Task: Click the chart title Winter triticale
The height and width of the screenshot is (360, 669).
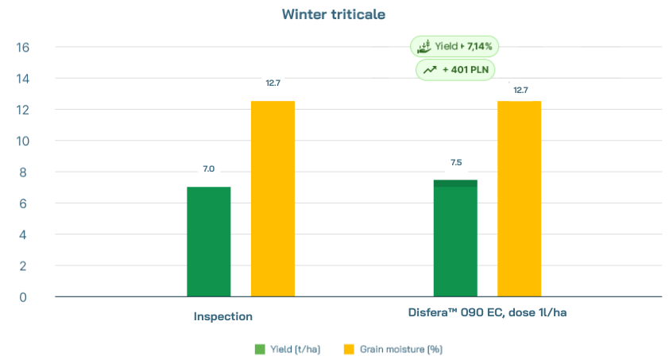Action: (x=334, y=14)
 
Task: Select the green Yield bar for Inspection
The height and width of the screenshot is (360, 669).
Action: (x=208, y=242)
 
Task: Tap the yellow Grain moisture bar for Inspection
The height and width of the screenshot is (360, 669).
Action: (x=273, y=199)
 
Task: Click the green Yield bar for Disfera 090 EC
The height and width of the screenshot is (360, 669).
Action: (x=455, y=238)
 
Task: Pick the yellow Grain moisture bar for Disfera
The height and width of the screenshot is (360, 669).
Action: (x=519, y=199)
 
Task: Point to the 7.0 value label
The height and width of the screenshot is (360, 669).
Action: (x=208, y=168)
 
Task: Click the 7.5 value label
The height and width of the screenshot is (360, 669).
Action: (x=455, y=162)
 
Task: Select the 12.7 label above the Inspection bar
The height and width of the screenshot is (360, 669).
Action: (x=273, y=83)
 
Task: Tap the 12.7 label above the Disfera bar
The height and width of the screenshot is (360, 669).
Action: (x=520, y=90)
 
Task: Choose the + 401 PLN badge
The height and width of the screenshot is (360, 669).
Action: (x=456, y=70)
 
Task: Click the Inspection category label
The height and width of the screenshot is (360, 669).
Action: (x=222, y=316)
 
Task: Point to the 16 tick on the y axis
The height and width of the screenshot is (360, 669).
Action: (x=23, y=48)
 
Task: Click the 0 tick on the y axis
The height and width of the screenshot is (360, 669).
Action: (x=23, y=297)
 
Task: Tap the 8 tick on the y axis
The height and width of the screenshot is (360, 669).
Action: (x=23, y=172)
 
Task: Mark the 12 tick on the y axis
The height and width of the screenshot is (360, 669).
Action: (x=23, y=110)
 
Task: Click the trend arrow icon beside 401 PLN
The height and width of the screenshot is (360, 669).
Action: (x=430, y=70)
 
